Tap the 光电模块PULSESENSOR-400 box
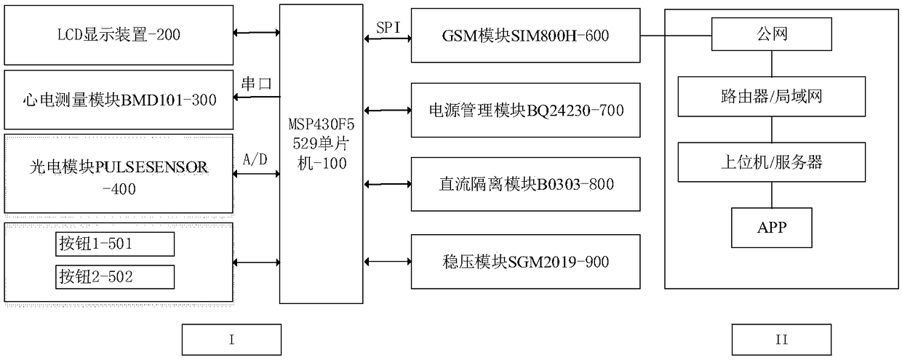[x=118, y=175]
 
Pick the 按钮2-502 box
[x=115, y=277]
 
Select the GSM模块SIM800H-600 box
[x=525, y=35]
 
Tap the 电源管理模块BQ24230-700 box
[x=525, y=111]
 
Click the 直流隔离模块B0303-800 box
[x=525, y=185]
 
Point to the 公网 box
[x=772, y=33]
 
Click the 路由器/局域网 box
[x=772, y=95]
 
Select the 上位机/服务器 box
[x=772, y=161]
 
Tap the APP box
[x=772, y=228]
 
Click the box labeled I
[x=231, y=339]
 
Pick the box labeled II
[x=781, y=339]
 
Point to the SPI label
[x=388, y=27]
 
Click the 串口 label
[x=256, y=84]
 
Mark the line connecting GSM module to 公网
[x=676, y=34]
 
